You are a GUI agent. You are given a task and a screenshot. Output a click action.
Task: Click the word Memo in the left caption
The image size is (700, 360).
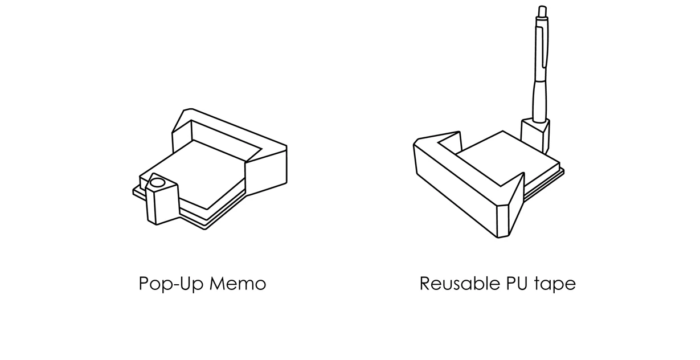(238, 283)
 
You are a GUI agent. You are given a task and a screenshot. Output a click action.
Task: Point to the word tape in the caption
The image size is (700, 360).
(555, 284)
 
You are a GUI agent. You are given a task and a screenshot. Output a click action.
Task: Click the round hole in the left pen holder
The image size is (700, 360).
(158, 183)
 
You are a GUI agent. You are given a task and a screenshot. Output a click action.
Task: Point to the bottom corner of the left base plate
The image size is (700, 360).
(205, 228)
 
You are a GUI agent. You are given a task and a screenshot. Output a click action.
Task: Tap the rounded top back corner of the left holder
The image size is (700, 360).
(189, 110)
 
